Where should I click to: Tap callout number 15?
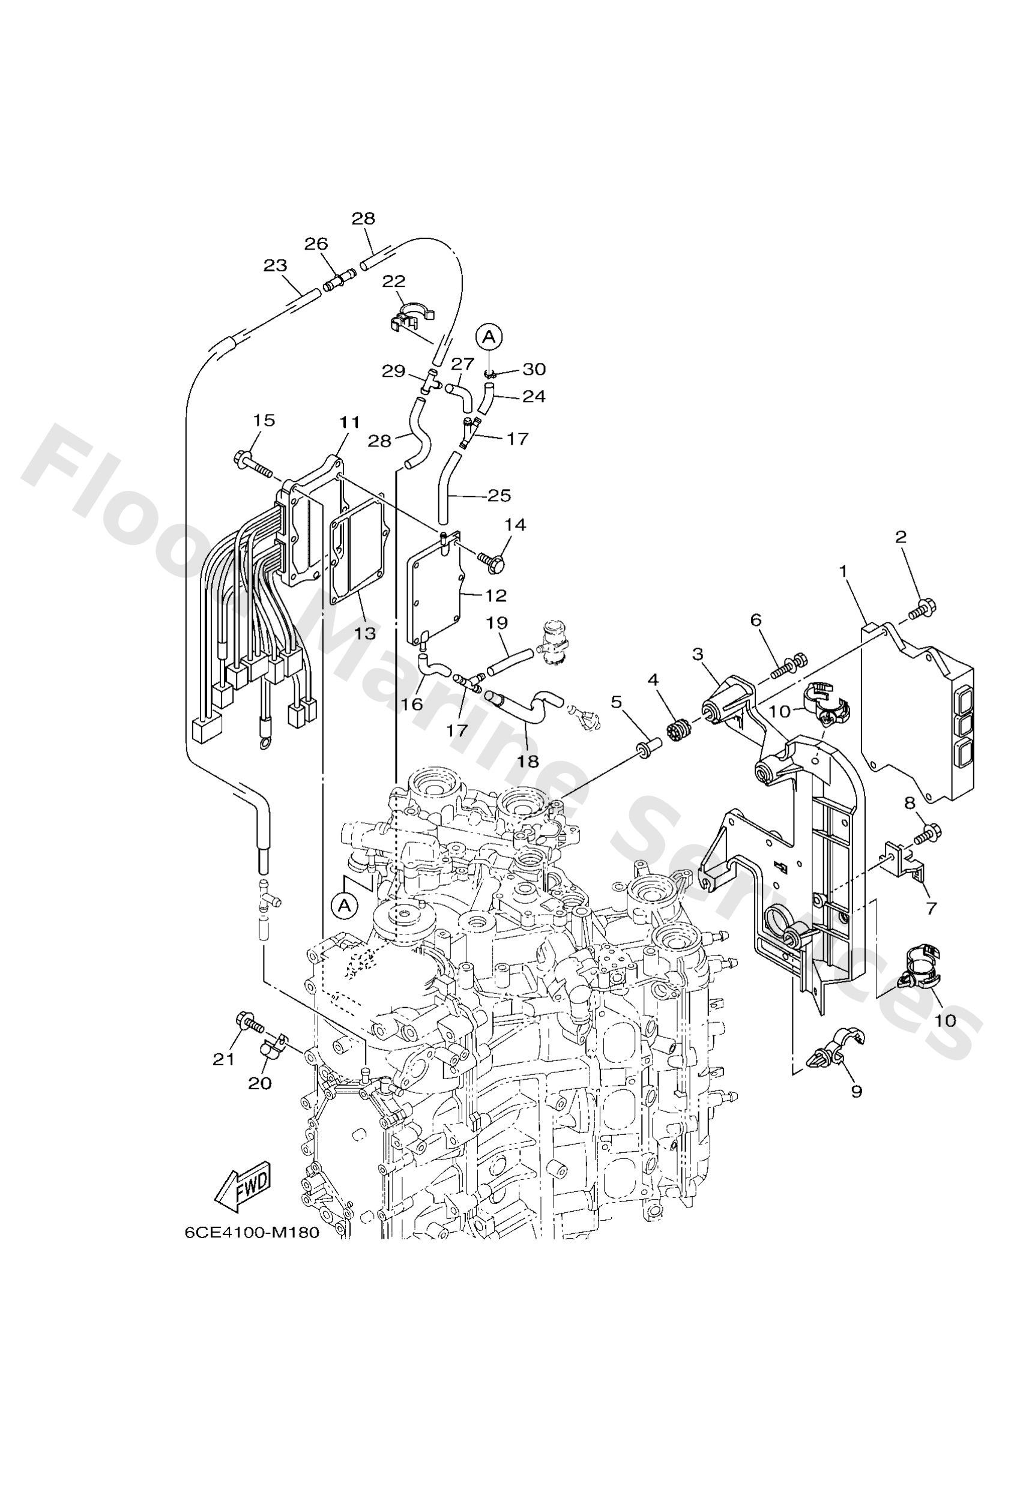(264, 420)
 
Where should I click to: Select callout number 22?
(395, 281)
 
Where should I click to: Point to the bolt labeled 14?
(494, 561)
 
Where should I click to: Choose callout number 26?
(316, 244)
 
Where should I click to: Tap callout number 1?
(844, 570)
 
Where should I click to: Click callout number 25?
(499, 495)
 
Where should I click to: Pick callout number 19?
(498, 623)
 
